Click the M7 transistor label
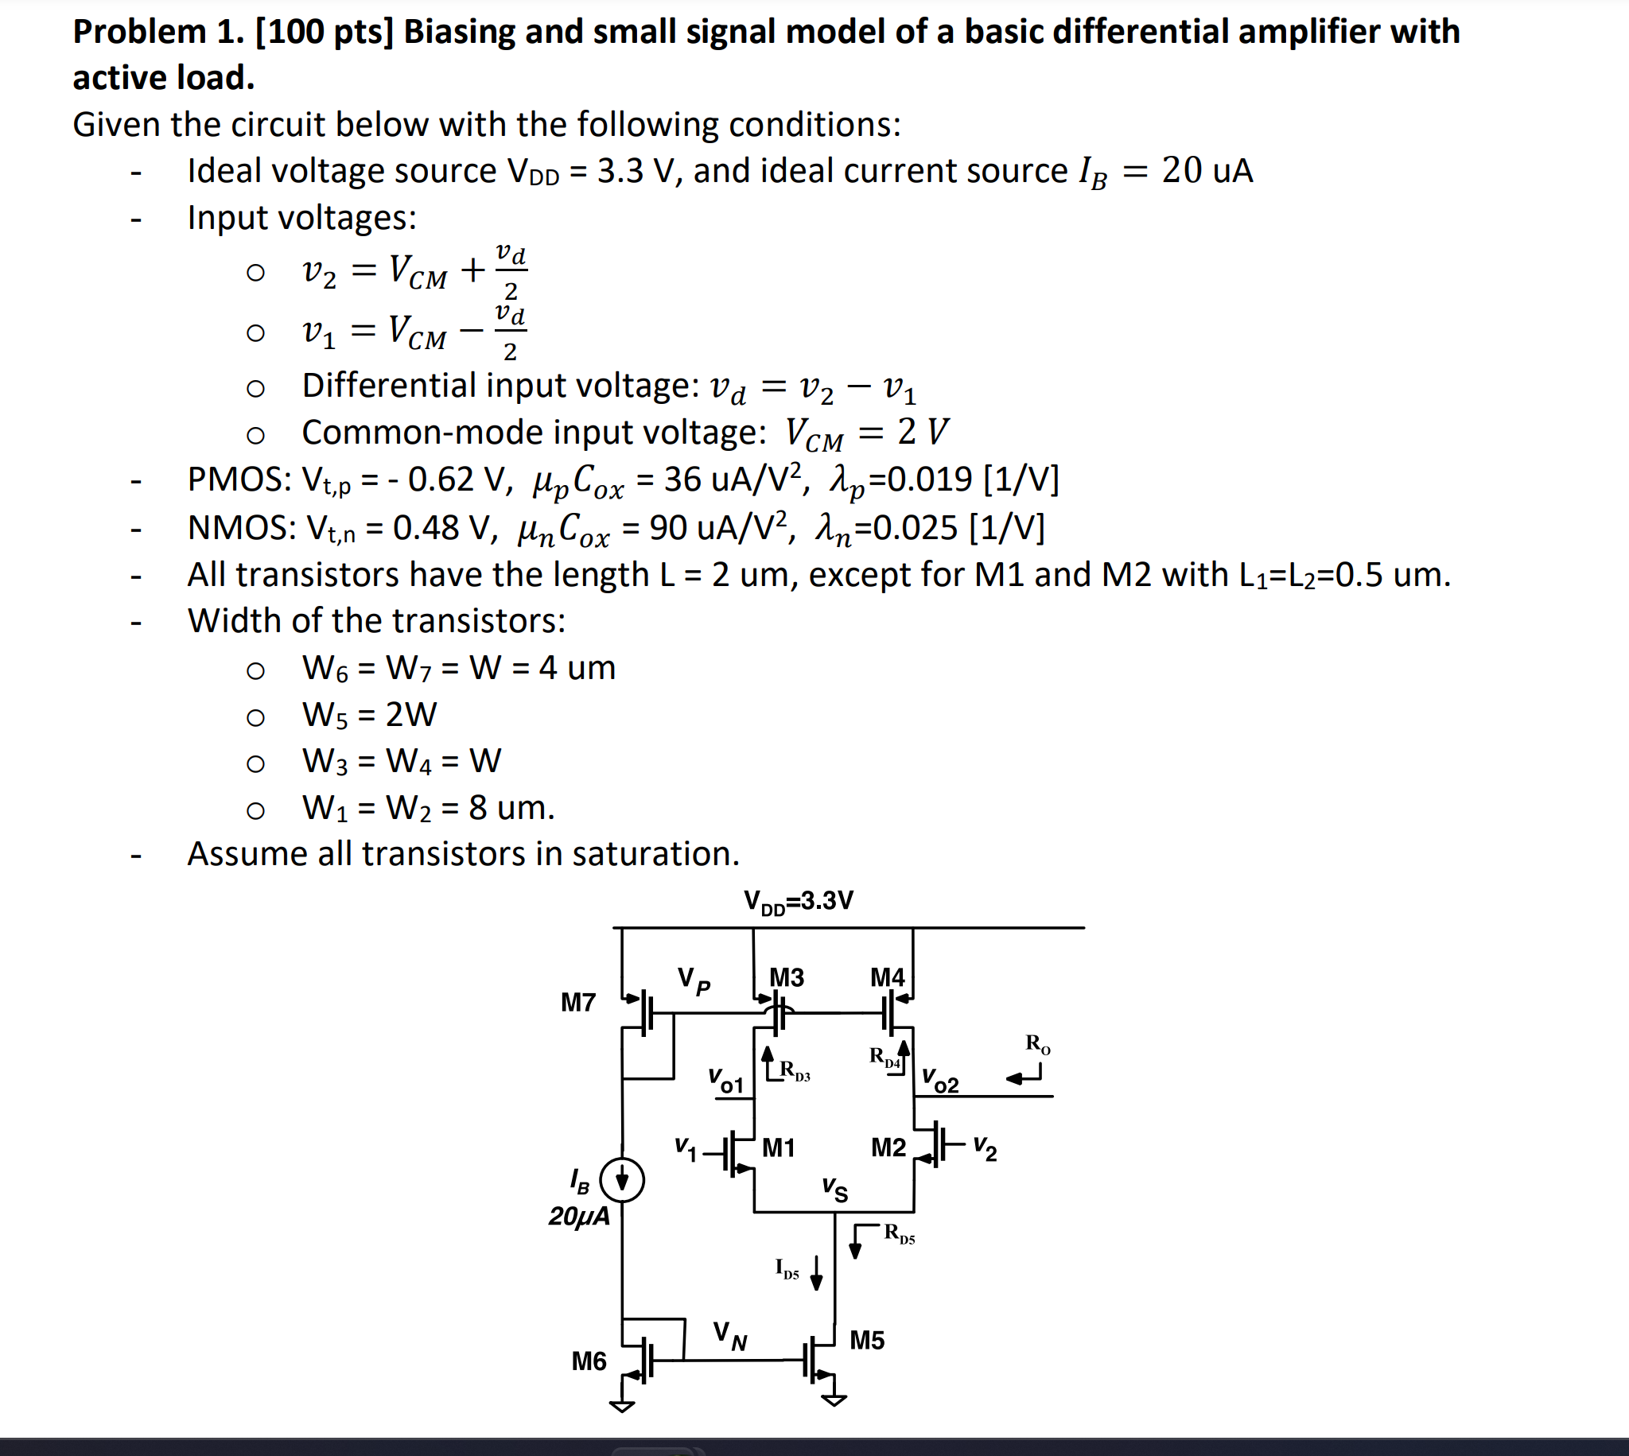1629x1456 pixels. [577, 1003]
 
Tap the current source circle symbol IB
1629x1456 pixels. [622, 1179]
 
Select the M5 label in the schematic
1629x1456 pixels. [866, 1340]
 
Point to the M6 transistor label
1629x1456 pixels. [589, 1361]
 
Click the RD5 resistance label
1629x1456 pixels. [900, 1233]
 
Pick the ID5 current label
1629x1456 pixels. [787, 1269]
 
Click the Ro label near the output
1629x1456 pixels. [1038, 1044]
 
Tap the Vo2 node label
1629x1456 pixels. [940, 1081]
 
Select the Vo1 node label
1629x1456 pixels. [725, 1081]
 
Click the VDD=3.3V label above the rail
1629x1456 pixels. [799, 902]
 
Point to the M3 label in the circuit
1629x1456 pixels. [787, 977]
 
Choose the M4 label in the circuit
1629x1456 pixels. [888, 977]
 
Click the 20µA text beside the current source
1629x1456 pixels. [578, 1217]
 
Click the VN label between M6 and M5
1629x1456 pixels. [729, 1335]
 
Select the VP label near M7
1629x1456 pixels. [694, 980]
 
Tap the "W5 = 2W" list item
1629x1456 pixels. [369, 714]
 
